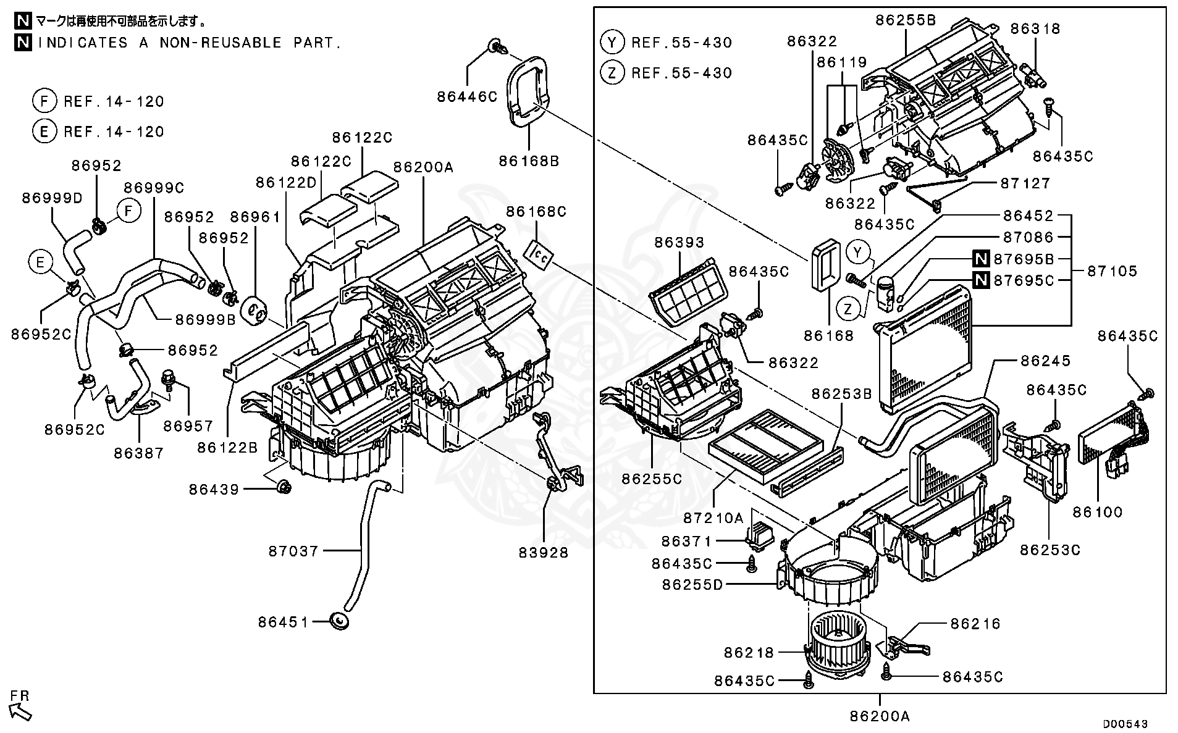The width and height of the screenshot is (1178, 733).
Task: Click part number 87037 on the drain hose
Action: [293, 551]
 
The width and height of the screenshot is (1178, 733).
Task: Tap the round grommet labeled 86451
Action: [340, 621]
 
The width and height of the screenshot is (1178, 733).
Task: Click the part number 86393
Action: [679, 243]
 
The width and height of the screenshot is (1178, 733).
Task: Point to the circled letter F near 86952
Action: [128, 211]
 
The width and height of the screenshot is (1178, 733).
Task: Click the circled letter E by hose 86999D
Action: [40, 263]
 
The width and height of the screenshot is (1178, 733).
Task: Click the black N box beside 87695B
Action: [981, 259]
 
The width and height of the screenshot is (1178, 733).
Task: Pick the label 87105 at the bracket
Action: [1112, 270]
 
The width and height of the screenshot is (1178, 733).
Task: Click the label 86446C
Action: [467, 96]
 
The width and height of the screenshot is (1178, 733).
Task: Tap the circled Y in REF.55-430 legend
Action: [612, 42]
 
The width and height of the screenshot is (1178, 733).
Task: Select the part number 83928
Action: [543, 553]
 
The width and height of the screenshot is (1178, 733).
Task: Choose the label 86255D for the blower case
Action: [692, 584]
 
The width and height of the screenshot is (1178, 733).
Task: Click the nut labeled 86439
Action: [284, 488]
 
